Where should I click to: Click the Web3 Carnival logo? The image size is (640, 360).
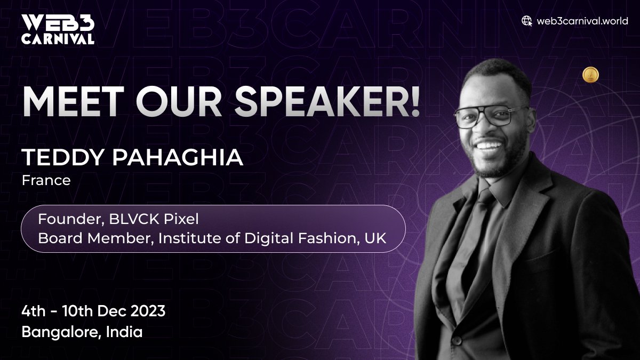point(58,29)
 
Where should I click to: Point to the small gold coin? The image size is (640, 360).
point(590,74)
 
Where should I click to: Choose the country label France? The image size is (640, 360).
point(46,180)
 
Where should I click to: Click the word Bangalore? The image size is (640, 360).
point(60,332)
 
